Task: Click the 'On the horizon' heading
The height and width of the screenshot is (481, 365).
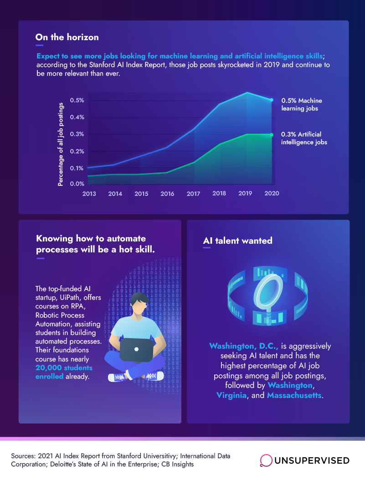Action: [67, 37]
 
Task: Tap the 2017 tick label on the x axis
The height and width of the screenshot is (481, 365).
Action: [193, 193]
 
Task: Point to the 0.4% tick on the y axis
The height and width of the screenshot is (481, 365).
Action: [77, 117]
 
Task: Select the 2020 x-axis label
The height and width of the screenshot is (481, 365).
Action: [272, 193]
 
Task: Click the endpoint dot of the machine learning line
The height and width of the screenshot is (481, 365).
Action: [272, 100]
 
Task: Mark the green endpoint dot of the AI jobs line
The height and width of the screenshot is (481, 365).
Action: [272, 135]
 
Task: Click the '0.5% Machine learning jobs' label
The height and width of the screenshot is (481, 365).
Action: [302, 105]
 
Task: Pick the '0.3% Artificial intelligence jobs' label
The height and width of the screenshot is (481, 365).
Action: [304, 138]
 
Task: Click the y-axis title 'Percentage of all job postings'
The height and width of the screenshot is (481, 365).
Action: [61, 144]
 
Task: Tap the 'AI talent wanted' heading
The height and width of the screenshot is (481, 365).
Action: [237, 240]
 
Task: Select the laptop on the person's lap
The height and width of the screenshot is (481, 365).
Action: [136, 350]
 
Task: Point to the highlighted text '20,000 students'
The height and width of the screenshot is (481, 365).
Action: [64, 367]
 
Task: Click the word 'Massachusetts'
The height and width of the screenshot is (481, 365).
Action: [294, 395]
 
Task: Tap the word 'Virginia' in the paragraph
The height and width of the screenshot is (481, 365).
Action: [231, 395]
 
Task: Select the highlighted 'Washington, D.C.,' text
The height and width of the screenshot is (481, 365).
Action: [244, 346]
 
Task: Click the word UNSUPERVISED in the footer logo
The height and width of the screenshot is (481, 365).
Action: [312, 460]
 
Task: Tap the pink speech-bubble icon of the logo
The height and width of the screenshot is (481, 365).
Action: [266, 460]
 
